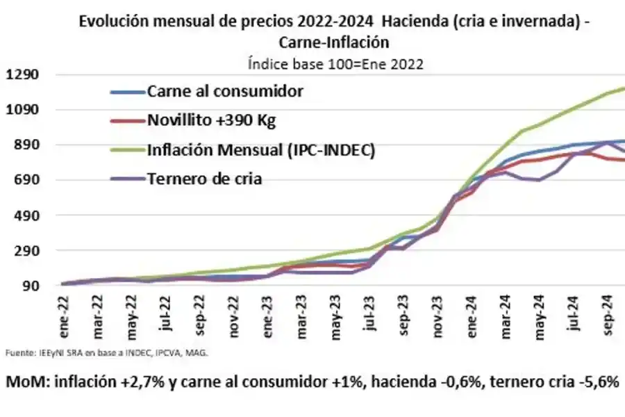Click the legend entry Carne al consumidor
pyautogui.click(x=225, y=92)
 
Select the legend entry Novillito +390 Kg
pyautogui.click(x=212, y=120)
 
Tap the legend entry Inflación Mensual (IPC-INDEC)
pyautogui.click(x=260, y=149)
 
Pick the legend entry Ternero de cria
pyautogui.click(x=204, y=179)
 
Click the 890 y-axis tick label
pyautogui.click(x=25, y=145)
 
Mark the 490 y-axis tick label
pyautogui.click(x=25, y=215)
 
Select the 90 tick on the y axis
pyautogui.click(x=28, y=286)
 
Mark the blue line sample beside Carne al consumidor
pyautogui.click(x=126, y=92)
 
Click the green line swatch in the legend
pyautogui.click(x=126, y=149)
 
